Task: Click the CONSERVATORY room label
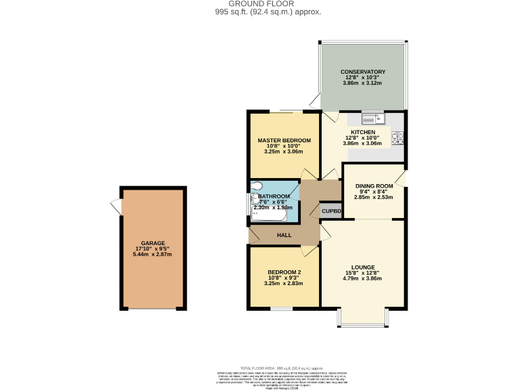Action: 363,72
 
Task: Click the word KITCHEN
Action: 362,132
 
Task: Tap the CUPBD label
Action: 331,211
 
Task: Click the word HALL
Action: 284,235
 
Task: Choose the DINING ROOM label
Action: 374,186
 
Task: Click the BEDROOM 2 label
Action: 284,272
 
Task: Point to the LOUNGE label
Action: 362,267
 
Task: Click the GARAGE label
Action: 153,243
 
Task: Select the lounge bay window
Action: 362,318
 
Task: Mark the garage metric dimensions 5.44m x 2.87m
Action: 153,255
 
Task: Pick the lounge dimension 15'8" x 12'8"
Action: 362,273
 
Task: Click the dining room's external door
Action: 402,179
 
